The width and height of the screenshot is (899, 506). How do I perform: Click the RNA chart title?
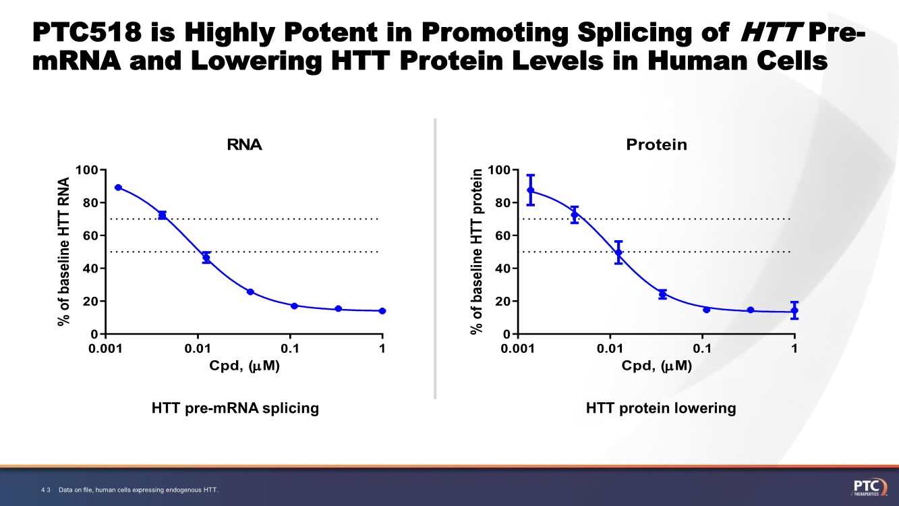point(244,144)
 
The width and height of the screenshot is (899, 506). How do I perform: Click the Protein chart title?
point(656,144)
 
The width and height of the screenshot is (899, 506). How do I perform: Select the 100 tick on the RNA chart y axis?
point(87,169)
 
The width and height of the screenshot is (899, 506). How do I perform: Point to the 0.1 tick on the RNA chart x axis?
point(290,348)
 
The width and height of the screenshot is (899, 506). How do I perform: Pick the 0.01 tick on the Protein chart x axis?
point(610,348)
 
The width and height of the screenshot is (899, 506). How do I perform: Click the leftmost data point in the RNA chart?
point(118,188)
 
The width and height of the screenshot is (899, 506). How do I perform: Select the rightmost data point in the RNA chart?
point(382,311)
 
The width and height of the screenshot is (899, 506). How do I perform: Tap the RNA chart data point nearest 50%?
point(206,258)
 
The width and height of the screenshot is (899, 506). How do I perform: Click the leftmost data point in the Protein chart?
point(531,190)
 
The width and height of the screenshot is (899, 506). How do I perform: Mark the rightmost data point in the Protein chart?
point(794,310)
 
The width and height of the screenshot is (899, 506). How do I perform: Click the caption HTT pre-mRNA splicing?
point(235,408)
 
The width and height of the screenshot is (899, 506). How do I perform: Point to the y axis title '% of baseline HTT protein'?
point(477,251)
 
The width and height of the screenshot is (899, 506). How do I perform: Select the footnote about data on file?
point(139,489)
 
